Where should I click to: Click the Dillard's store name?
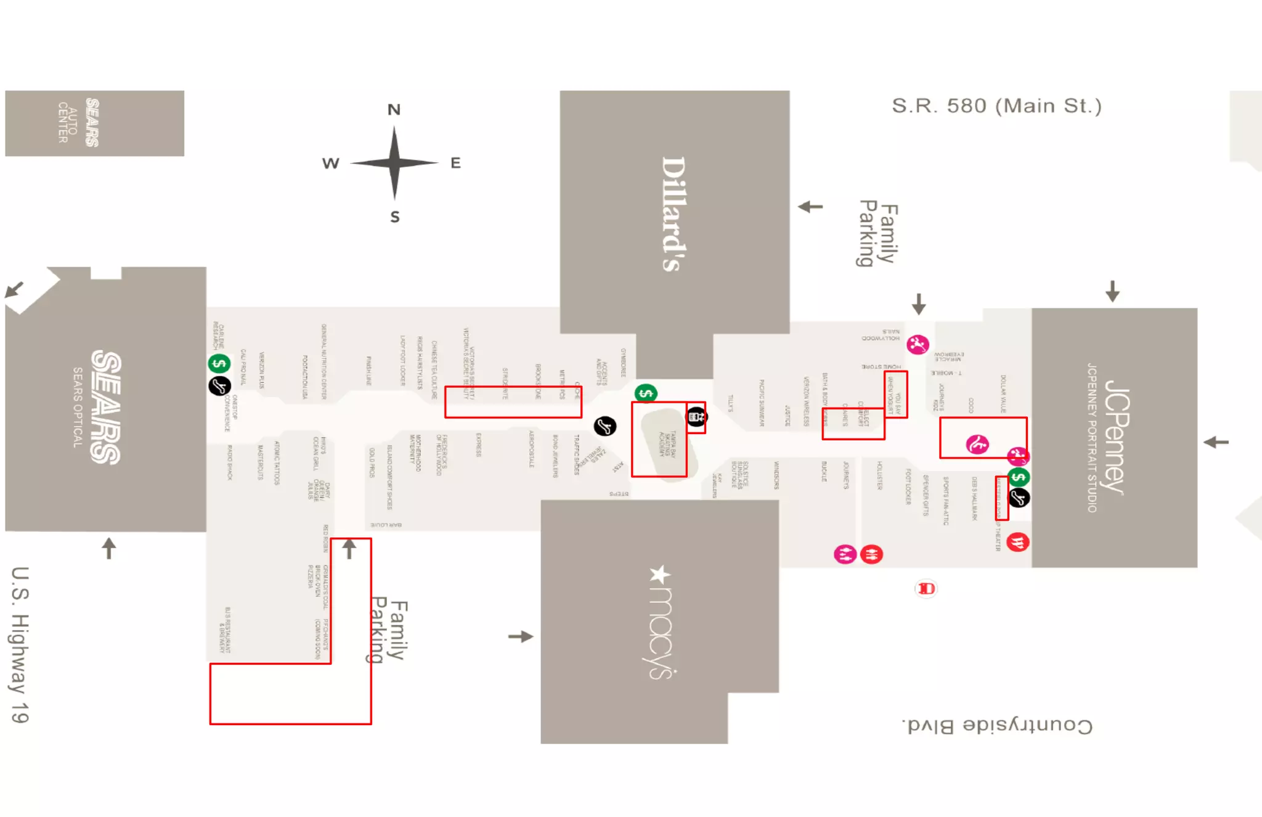[x=673, y=213]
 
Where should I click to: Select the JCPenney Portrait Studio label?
[x=1091, y=437]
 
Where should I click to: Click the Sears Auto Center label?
[x=78, y=122]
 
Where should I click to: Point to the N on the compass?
[x=394, y=110]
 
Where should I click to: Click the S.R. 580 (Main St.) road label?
[x=996, y=106]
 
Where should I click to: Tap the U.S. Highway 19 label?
[x=20, y=644]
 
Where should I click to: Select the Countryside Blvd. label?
[x=998, y=725]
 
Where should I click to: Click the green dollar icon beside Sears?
[x=219, y=363]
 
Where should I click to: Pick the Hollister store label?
[x=879, y=475]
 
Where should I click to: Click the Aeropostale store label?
[x=531, y=448]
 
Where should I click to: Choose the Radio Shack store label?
[x=230, y=462]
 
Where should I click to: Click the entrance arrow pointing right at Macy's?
[x=521, y=636]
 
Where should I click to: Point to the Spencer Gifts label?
[x=926, y=495]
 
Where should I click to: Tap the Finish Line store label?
[x=368, y=371]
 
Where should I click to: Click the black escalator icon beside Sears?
[x=219, y=386]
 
